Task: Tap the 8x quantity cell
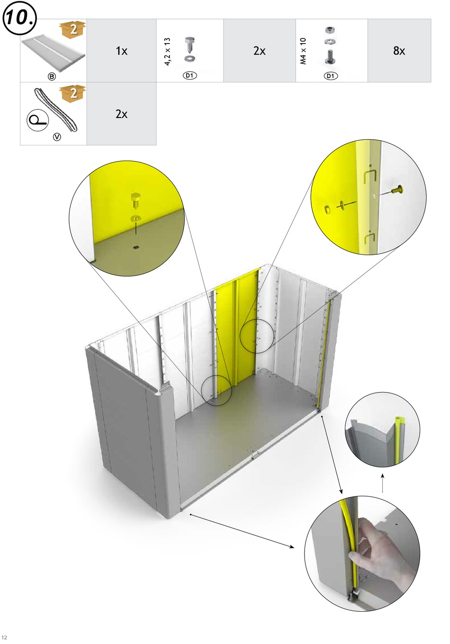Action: coord(399,51)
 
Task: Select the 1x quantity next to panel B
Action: coord(121,51)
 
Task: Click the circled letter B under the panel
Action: coord(52,77)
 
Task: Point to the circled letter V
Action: coord(57,137)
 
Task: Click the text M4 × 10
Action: coord(303,51)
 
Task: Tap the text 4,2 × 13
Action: coord(167,52)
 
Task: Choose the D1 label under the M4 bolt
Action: coord(331,76)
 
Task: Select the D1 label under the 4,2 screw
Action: coord(189,76)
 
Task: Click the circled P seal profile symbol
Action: coord(38,120)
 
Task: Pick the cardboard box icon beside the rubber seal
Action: coord(72,93)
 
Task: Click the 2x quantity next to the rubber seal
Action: coord(121,114)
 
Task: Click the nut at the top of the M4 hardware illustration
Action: coord(330,30)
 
